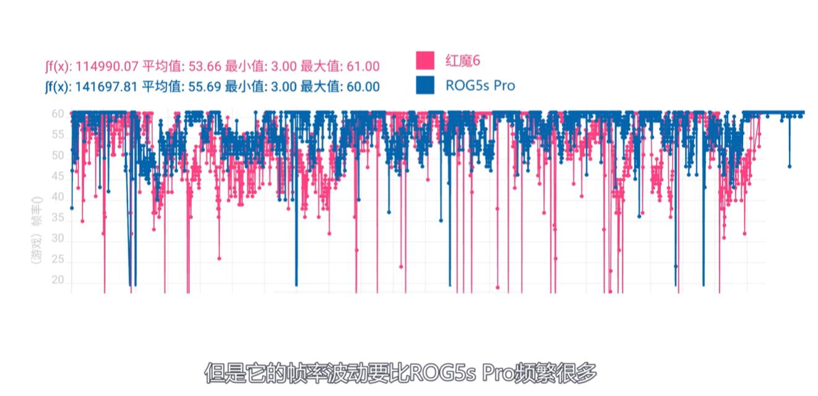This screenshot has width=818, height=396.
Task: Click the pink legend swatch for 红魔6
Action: pos(426,61)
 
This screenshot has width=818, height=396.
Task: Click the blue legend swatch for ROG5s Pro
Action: pos(426,85)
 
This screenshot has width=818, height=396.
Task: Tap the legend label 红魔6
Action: pos(463,61)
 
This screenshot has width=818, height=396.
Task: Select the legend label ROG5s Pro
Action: pos(480,86)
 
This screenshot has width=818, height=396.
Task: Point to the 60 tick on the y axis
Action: pos(58,114)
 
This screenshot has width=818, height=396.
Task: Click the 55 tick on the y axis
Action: pos(58,134)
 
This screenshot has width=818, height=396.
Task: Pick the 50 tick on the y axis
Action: pos(58,156)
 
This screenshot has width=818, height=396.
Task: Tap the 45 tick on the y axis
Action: pos(58,177)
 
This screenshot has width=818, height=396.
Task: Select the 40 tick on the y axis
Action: pos(58,198)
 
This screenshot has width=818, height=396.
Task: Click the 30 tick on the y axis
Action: pos(58,240)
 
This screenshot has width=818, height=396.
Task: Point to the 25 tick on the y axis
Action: pos(58,261)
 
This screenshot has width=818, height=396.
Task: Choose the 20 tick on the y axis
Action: pos(58,281)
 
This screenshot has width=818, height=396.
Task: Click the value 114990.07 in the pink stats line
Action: pos(107,66)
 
